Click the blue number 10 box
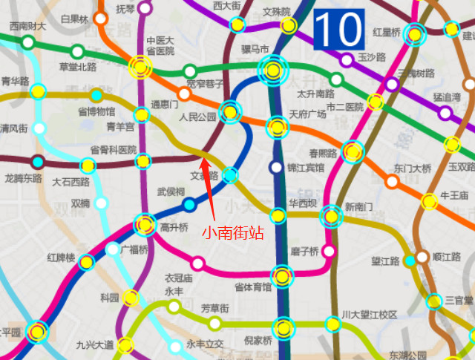[x=338, y=30]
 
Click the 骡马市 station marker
[x=273, y=71]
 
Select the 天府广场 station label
[x=307, y=114]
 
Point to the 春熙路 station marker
[x=353, y=151]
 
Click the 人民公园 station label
[x=197, y=117]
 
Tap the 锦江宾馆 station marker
[x=277, y=168]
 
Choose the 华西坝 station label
[x=303, y=202]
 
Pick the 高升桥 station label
[x=174, y=226]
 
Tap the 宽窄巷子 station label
[x=205, y=83]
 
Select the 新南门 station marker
[x=330, y=217]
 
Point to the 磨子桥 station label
[x=304, y=250]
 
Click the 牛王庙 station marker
[x=429, y=201]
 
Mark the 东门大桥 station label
[x=413, y=168]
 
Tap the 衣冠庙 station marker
[x=197, y=264]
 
